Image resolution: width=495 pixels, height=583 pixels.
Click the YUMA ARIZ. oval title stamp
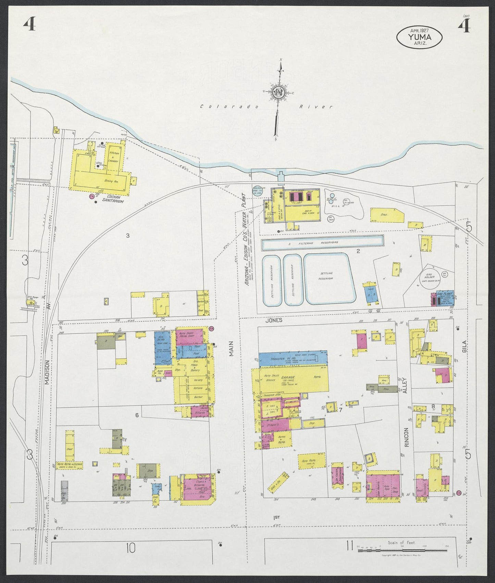419,37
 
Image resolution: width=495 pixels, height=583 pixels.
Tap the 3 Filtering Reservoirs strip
322,242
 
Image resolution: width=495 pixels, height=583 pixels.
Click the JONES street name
274,320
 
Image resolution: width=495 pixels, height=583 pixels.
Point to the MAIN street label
231,348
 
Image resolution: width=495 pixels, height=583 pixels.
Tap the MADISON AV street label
48,373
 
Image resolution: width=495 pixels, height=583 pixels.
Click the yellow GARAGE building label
288,378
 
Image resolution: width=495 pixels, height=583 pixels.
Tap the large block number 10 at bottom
130,548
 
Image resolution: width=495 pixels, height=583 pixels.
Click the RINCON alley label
407,437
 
